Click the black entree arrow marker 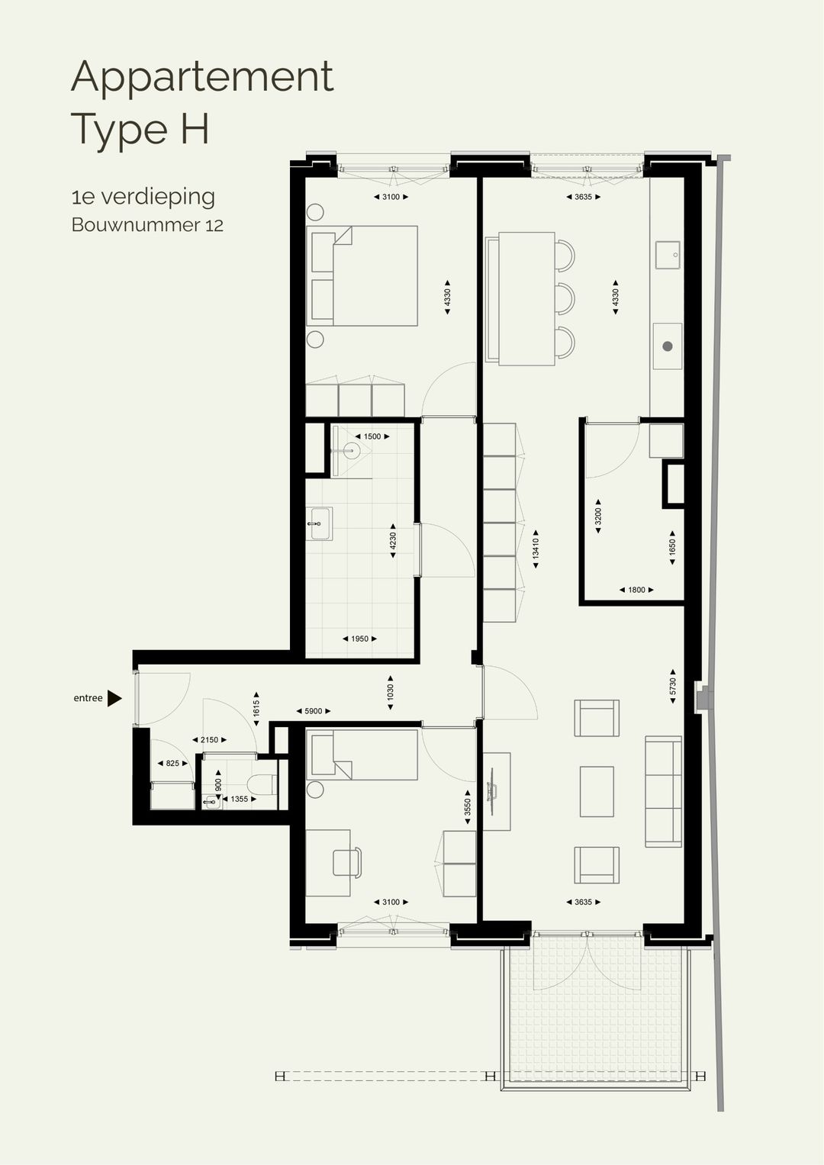[x=114, y=698]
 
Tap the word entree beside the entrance [x=88, y=698]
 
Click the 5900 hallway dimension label [x=313, y=711]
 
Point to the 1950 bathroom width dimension [x=359, y=639]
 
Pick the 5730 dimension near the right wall [x=672, y=686]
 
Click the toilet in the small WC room [x=262, y=784]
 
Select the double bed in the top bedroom [x=362, y=275]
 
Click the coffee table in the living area [x=596, y=791]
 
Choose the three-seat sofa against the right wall [x=663, y=791]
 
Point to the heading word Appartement [x=202, y=77]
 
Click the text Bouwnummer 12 [x=147, y=225]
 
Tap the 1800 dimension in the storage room [x=636, y=590]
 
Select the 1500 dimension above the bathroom [x=372, y=436]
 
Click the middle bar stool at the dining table [x=564, y=298]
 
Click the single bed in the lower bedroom [x=362, y=755]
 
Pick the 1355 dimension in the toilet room [x=239, y=799]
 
